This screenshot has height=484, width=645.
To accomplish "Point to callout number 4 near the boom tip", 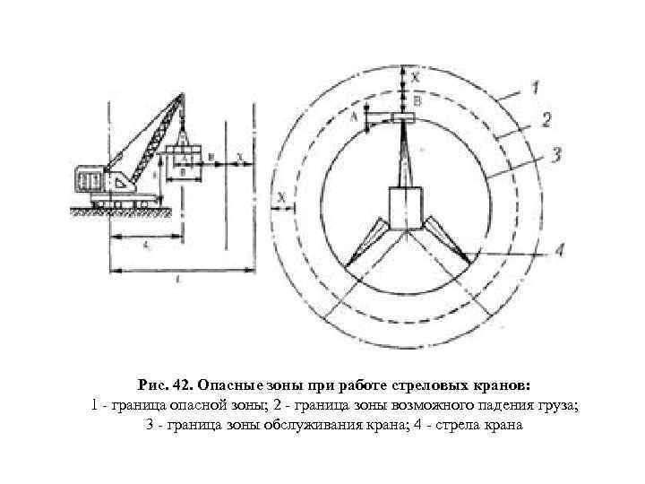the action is [x=558, y=249].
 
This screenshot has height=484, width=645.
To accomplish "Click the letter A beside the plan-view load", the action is [x=355, y=117].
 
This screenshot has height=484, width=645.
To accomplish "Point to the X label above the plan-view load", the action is [x=416, y=78].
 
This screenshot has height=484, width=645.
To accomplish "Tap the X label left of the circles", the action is [x=281, y=195].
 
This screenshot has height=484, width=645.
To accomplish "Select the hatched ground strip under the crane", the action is [x=116, y=213].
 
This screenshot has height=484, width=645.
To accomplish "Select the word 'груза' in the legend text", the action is [x=555, y=405].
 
